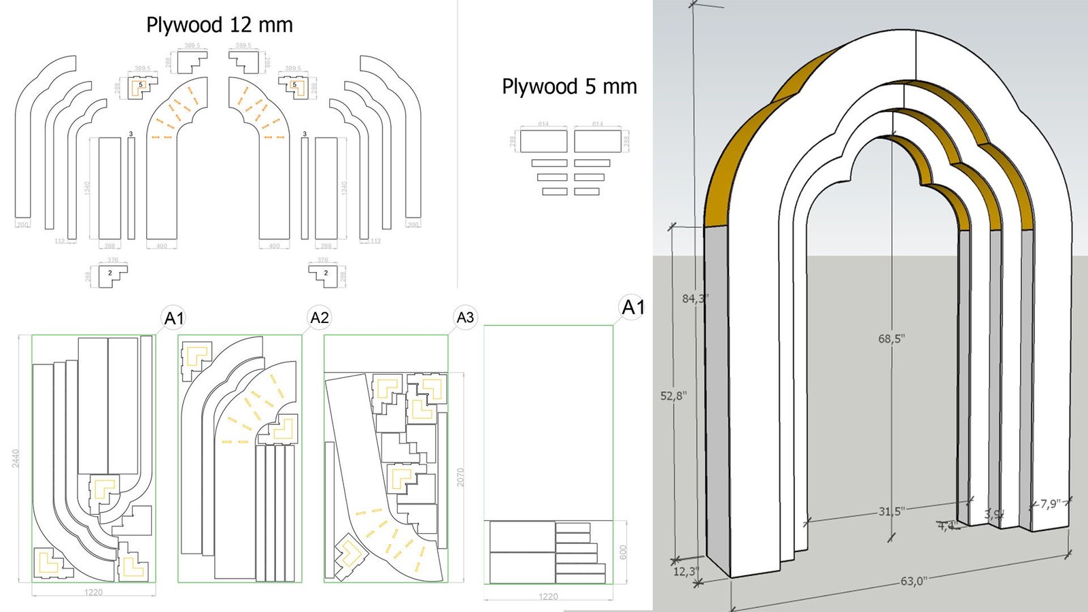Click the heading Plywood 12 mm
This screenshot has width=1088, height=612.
[219, 25]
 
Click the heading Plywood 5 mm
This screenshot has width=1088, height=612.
[569, 86]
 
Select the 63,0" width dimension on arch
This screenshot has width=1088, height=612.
[913, 581]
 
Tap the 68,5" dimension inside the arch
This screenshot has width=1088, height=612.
[891, 339]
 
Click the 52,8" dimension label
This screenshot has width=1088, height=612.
[673, 396]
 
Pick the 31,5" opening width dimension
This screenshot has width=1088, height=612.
[891, 511]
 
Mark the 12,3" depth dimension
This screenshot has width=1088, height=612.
[685, 572]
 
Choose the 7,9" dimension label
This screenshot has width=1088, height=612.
[1050, 504]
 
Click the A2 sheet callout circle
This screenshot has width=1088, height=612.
[319, 318]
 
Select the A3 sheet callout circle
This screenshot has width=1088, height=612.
[465, 318]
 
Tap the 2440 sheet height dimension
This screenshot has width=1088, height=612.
[16, 458]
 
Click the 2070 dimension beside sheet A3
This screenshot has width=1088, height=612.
[460, 477]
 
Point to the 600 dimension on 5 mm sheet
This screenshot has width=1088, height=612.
[623, 551]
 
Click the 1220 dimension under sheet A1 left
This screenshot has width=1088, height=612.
[93, 592]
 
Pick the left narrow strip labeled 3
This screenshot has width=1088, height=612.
[131, 188]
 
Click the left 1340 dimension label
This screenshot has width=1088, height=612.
[88, 187]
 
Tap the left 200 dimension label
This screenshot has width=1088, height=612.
[22, 224]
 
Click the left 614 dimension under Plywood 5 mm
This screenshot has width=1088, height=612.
[543, 124]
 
